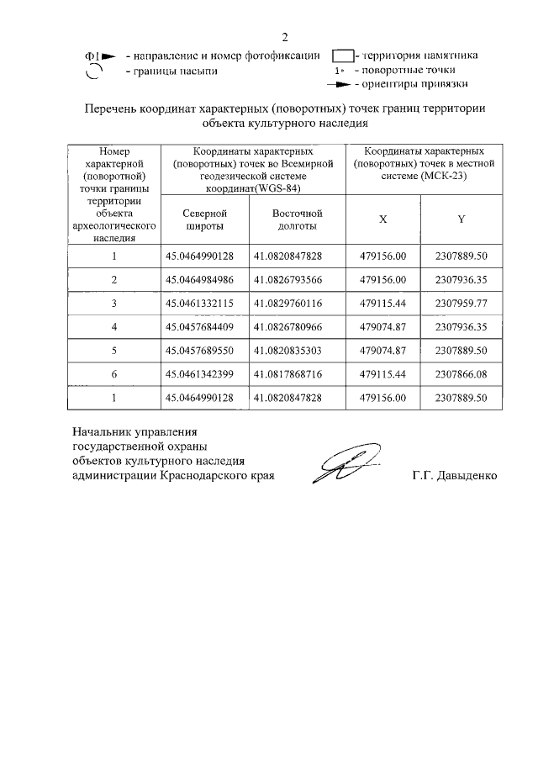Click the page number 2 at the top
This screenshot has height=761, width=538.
pyautogui.click(x=285, y=37)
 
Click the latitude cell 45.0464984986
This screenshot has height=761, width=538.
pyautogui.click(x=199, y=278)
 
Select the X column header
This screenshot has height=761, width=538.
pyautogui.click(x=382, y=219)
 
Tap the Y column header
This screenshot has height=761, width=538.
pyautogui.click(x=461, y=219)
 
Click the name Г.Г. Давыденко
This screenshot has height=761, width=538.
pyautogui.click(x=454, y=476)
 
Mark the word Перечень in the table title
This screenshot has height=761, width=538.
pyautogui.click(x=114, y=108)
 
